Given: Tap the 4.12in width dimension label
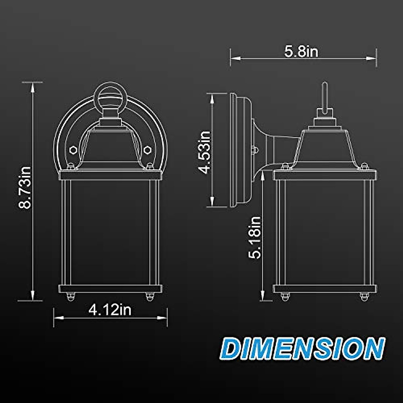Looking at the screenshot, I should [110, 310].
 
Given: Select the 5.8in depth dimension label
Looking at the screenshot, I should [301, 52].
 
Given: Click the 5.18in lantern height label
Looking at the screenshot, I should [255, 237].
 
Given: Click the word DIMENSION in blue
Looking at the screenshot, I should [303, 349].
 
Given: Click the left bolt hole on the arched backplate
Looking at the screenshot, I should [73, 149].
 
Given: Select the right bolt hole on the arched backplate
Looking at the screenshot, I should [147, 149].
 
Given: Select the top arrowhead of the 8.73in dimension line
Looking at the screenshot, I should [33, 87].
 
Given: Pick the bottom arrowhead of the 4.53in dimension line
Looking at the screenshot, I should [212, 201].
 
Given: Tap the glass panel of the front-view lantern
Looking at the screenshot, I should [110, 232].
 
